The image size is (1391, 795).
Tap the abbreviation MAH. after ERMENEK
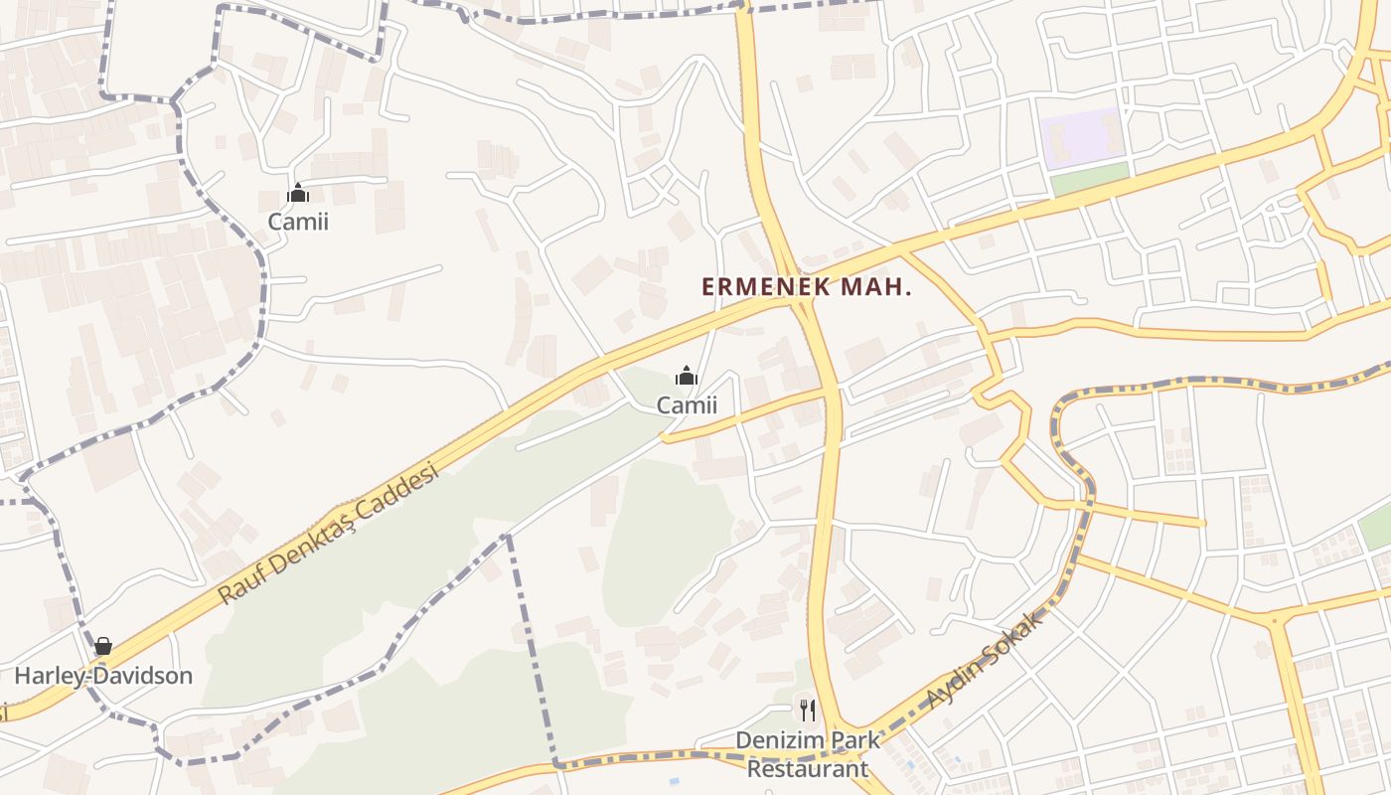[x=876, y=287]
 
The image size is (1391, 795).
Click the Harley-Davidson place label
[x=103, y=676]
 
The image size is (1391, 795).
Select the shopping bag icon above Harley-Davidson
[x=103, y=647]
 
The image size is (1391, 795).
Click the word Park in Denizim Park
[x=856, y=740]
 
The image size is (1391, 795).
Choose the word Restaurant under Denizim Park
[x=808, y=768]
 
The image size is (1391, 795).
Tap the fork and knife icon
[x=808, y=710]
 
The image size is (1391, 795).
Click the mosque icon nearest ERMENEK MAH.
[x=687, y=377]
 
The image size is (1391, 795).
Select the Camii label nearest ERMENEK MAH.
[x=687, y=405]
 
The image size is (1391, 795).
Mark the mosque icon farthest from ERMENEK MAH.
[x=298, y=193]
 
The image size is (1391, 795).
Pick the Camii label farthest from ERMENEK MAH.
[x=298, y=221]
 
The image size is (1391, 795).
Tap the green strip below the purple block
[x=1090, y=180]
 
